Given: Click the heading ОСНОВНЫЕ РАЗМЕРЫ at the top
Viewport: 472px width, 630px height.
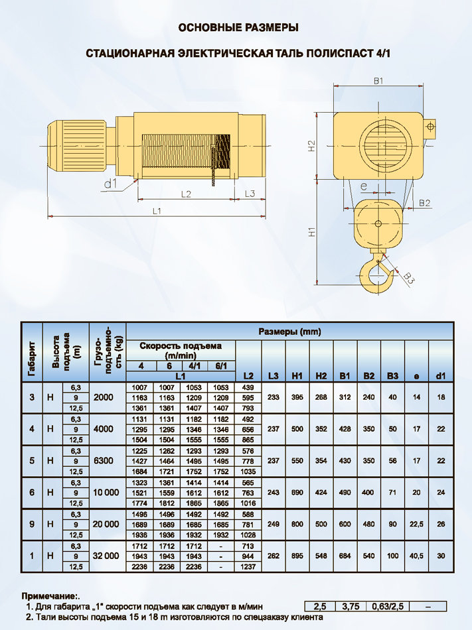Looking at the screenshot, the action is coord(238,28).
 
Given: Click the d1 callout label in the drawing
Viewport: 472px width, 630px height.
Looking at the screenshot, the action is coord(110,184).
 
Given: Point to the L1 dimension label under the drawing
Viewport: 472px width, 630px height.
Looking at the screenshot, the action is coord(157,211).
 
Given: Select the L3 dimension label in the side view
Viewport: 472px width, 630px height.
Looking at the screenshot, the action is coord(250,194).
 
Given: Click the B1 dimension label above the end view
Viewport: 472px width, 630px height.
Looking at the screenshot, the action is coord(378,81).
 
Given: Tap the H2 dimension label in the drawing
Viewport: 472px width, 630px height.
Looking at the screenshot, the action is coord(311,145).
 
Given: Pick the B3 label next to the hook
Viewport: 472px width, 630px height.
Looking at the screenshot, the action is coord(409,277).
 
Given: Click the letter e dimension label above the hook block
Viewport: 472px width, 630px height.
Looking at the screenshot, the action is coord(363,186).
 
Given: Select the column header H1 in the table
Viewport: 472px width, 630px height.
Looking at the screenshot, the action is coord(297,376).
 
